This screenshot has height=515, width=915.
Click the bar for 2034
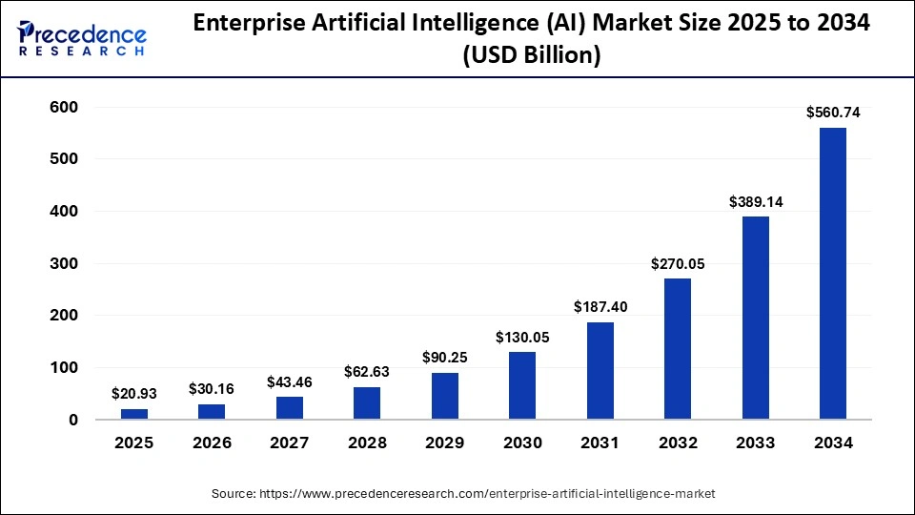(x=832, y=274)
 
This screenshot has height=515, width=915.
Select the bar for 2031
(x=600, y=371)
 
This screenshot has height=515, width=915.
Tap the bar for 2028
(x=367, y=403)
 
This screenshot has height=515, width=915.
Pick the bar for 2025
(x=134, y=414)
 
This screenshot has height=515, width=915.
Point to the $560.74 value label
(x=833, y=113)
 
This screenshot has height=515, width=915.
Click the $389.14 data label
(x=756, y=202)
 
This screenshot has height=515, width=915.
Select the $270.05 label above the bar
(x=678, y=264)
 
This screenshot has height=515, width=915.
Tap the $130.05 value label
(x=522, y=337)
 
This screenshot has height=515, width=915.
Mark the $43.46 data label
(x=290, y=381)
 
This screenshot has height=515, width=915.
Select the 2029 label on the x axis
(x=445, y=443)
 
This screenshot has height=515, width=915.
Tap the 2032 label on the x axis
(x=678, y=443)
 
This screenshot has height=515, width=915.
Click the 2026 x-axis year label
(x=212, y=443)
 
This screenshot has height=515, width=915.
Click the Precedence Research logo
(x=82, y=38)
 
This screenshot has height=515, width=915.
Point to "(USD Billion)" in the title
(x=531, y=55)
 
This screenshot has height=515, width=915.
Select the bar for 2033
(x=756, y=318)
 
